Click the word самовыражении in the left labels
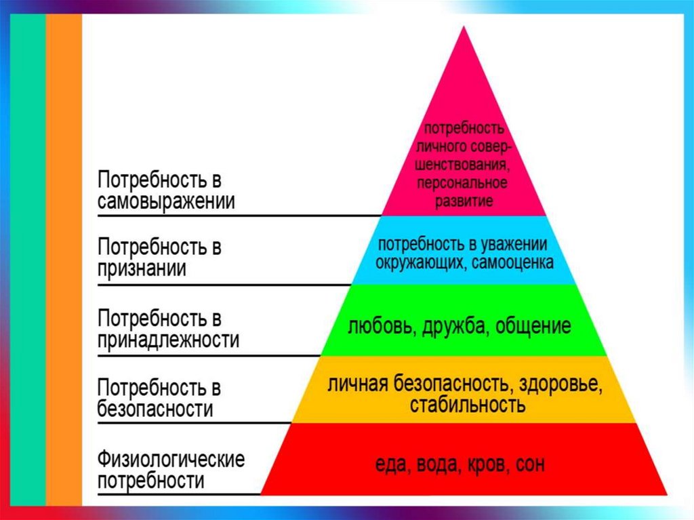tap(166, 203)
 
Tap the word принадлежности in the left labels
tap(168, 340)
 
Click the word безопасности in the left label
tap(155, 409)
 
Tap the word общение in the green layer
tap(533, 327)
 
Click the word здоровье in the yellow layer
tap(560, 384)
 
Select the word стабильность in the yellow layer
tap(467, 405)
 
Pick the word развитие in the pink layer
tap(463, 201)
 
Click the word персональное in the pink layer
tap(463, 184)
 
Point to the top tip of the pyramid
tap(464, 28)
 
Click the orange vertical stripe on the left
tap(64, 258)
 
